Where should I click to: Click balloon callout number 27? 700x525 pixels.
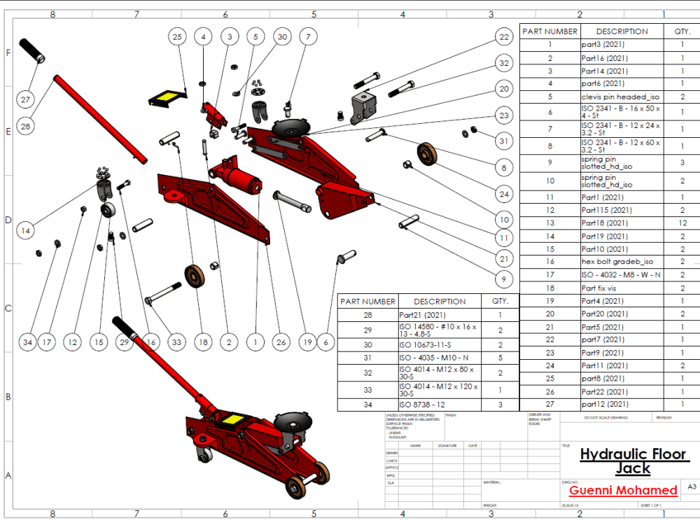point(25,99)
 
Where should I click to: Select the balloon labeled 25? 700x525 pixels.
point(177,36)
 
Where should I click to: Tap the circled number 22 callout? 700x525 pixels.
point(503,37)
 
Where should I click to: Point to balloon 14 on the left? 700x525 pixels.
point(26,230)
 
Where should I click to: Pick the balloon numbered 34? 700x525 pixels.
point(27,342)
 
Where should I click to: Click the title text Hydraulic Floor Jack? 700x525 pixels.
point(633,461)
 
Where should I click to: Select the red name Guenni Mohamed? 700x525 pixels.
point(623,490)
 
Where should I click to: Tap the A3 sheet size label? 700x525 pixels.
point(692,486)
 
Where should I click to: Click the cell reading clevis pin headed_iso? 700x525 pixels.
point(621,97)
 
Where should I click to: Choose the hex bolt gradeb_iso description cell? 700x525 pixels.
point(618,262)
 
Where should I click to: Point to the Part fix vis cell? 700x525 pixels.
point(603,288)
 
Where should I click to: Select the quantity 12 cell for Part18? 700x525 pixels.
point(682,223)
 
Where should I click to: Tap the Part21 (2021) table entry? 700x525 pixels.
point(422,315)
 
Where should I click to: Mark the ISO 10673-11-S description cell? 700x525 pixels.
point(426,345)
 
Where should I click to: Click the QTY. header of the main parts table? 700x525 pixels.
point(682,31)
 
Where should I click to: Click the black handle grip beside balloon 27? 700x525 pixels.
point(32,51)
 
